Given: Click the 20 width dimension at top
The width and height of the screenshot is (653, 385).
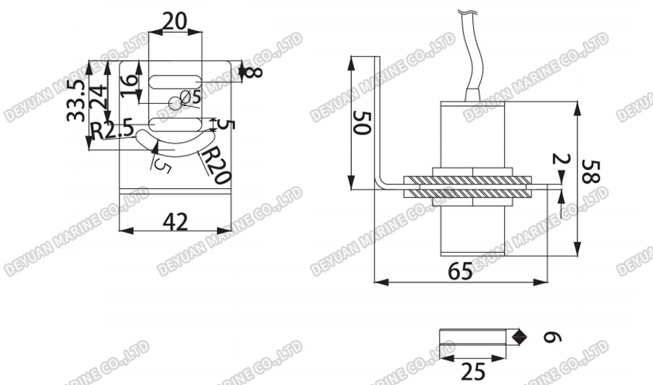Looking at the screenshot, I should pyautogui.click(x=175, y=21).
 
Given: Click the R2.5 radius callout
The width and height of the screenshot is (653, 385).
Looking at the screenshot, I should pyautogui.click(x=112, y=131).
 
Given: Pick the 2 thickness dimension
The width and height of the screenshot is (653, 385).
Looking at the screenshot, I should pyautogui.click(x=561, y=159).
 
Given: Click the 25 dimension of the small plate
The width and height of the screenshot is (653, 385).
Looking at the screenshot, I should pyautogui.click(x=473, y=371).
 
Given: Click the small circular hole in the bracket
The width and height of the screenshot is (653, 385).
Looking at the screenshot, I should pyautogui.click(x=174, y=102).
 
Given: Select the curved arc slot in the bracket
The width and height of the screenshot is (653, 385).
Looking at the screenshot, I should pyautogui.click(x=174, y=142).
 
